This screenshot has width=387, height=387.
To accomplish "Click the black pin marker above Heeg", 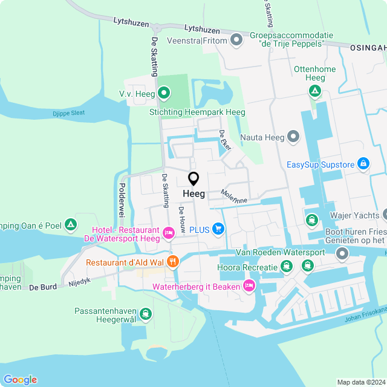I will pos(193,179).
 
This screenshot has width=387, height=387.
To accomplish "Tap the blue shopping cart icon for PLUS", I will pos(218,229).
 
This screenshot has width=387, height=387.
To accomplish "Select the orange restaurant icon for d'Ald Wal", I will pos(172,262).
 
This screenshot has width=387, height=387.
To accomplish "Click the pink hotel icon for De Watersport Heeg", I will pos(169,231).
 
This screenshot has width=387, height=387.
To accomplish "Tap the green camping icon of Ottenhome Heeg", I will pos(314,91).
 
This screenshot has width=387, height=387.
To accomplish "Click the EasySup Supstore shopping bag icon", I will pos(363,163).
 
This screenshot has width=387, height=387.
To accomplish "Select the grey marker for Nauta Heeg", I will pos(293,137).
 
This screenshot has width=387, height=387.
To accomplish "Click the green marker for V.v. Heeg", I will pos(163,94).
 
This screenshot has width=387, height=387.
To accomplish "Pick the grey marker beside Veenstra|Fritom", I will pos(236,41).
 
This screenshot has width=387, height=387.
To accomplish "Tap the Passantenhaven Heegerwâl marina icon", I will pos(146,314).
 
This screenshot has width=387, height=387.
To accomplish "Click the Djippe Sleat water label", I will pos(68,112).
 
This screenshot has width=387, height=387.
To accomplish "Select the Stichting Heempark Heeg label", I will pos(197,112).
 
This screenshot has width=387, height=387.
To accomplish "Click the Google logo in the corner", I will pos(20,379).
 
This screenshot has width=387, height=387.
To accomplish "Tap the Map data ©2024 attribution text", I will pos(360,382).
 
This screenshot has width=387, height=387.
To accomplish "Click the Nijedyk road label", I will pos(79,282).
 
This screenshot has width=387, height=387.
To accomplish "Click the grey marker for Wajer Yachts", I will pos(385,215).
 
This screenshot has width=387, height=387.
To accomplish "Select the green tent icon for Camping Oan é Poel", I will pos(71,225).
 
